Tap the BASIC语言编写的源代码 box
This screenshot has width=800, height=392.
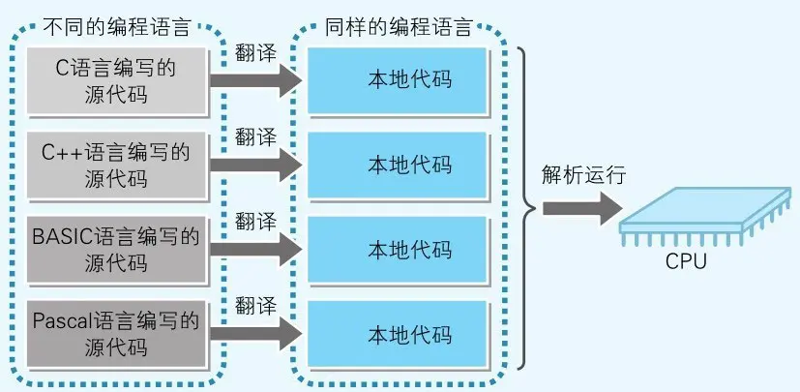(115, 248)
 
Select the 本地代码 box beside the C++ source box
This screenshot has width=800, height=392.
(395, 164)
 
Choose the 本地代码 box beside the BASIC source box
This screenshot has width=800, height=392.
(395, 249)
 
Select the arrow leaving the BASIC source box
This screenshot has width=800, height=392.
(253, 249)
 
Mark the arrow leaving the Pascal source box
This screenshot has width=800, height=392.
(253, 334)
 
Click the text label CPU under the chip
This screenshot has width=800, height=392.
(686, 261)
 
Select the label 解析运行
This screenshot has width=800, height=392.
(584, 175)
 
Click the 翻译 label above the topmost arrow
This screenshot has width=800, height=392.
(254, 50)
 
